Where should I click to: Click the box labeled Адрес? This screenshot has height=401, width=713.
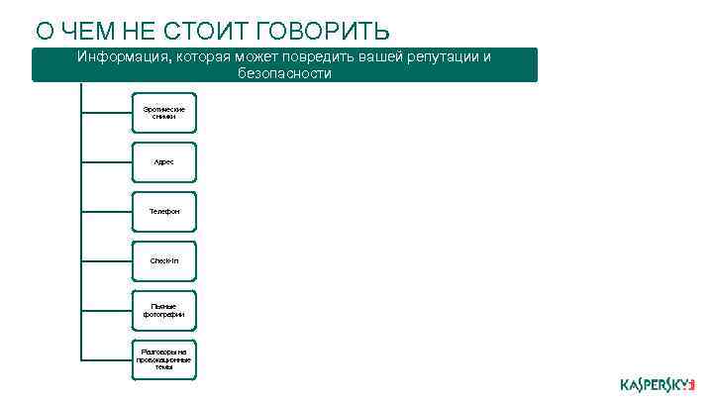163,162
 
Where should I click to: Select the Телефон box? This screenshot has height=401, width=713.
163,212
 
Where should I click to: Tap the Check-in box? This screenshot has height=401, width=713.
163,260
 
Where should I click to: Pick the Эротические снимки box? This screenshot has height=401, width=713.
163,112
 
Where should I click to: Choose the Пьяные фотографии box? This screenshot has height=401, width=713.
163,310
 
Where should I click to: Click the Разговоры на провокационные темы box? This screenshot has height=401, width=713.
163,358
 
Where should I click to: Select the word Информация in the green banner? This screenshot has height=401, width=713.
123,56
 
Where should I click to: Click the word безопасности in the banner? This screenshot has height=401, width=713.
284,73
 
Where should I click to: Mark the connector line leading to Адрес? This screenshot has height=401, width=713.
106,162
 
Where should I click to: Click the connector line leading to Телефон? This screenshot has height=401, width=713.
106,212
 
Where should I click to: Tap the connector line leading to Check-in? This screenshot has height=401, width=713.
106,260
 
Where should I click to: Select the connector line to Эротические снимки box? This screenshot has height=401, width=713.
106,112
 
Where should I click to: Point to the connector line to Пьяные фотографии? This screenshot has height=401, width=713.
106,310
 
